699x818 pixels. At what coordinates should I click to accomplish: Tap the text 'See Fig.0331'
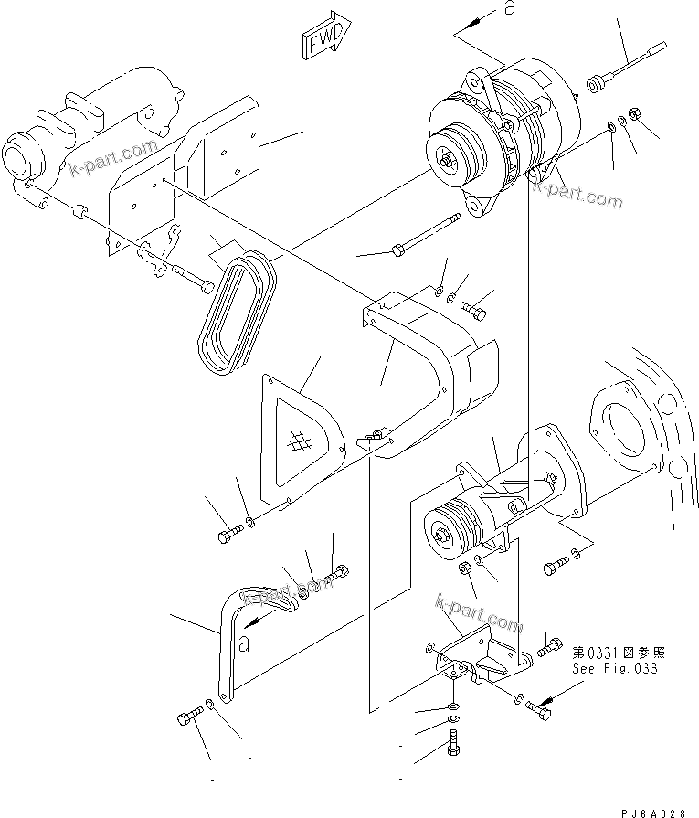tap(619, 669)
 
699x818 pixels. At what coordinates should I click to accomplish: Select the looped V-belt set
tap(236, 311)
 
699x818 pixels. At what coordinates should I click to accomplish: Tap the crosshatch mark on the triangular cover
tap(297, 443)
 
